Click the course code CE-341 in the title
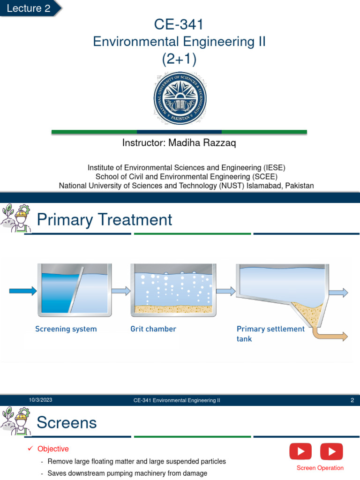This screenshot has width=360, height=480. coord(179,24)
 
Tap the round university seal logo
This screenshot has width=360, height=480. coord(180,98)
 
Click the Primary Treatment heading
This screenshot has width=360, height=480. coord(105,219)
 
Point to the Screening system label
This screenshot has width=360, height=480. coord(66,329)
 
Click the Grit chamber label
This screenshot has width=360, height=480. coord(153,329)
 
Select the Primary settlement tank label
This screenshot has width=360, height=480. coord(270,333)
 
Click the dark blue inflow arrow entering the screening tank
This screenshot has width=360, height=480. coord(22,291)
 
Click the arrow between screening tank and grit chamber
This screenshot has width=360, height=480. coord(121,291)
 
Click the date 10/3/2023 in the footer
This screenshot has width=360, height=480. coord(41,400)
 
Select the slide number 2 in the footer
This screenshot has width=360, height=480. coord(352,400)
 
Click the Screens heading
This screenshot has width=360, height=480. coord(67,423)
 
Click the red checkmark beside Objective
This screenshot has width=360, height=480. coord(30,449)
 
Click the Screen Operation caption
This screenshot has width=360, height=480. coord(320,468)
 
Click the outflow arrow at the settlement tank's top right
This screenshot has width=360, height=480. coord(339,292)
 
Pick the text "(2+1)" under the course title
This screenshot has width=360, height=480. coord(179,59)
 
